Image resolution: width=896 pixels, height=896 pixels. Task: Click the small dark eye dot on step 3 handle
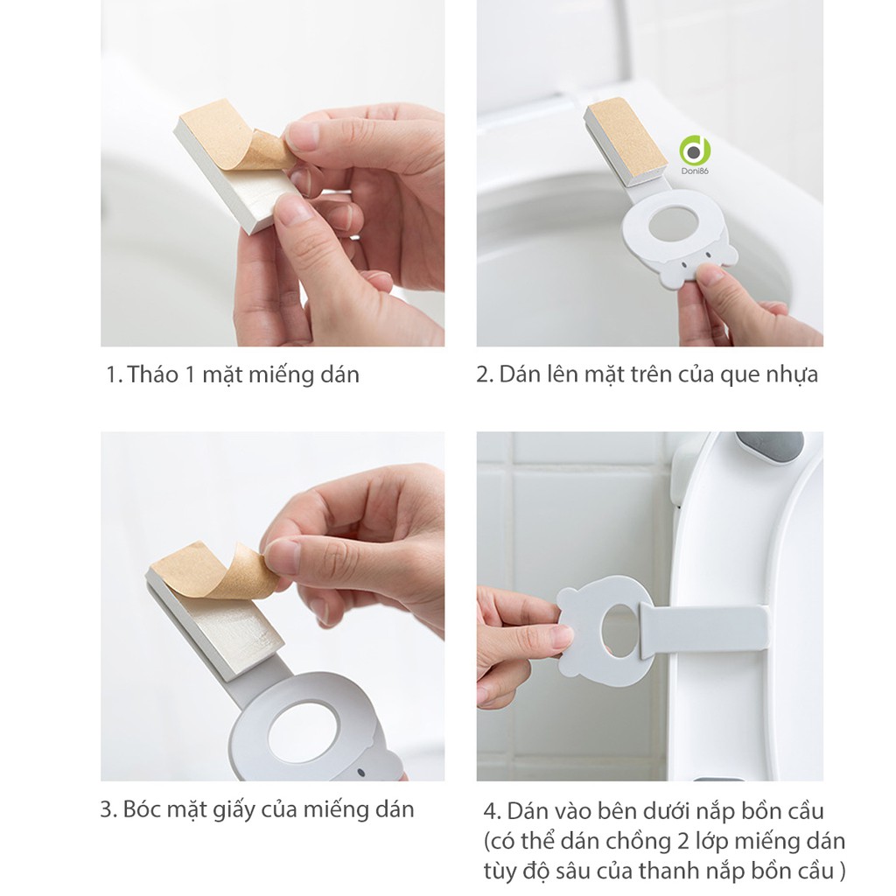click(x=361, y=773)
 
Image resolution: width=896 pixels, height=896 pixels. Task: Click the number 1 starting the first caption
click(x=111, y=375)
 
